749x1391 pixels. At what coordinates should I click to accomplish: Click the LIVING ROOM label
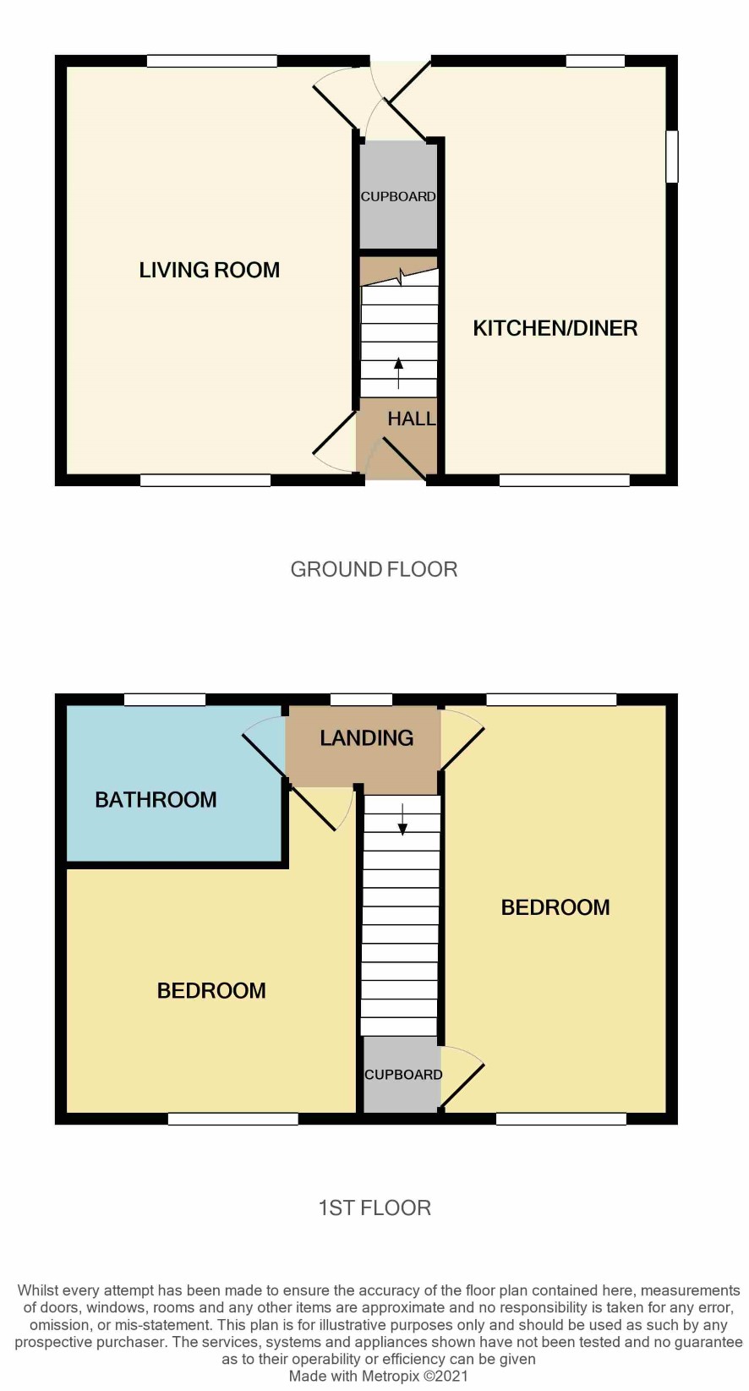pyautogui.click(x=210, y=270)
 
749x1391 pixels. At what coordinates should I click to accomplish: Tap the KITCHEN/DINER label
pyautogui.click(x=555, y=328)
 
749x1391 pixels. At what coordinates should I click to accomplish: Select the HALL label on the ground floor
pyautogui.click(x=412, y=419)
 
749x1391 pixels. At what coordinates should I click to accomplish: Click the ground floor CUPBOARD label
pyautogui.click(x=398, y=197)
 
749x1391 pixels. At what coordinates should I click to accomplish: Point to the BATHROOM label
pyautogui.click(x=156, y=800)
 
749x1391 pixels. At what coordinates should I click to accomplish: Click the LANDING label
pyautogui.click(x=367, y=737)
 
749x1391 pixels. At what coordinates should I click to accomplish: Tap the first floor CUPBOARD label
pyautogui.click(x=403, y=1075)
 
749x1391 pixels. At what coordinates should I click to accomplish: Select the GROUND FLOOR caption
pyautogui.click(x=374, y=569)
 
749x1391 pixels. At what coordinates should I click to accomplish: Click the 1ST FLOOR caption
pyautogui.click(x=374, y=1208)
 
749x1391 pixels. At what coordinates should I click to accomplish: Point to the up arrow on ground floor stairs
pyautogui.click(x=399, y=373)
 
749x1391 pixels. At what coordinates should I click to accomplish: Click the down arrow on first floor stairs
pyautogui.click(x=402, y=819)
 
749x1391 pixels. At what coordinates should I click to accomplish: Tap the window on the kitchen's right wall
pyautogui.click(x=671, y=156)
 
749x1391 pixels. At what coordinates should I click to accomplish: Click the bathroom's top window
pyautogui.click(x=165, y=700)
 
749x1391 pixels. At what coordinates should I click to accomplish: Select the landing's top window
pyautogui.click(x=361, y=700)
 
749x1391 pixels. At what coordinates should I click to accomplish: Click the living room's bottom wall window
pyautogui.click(x=205, y=480)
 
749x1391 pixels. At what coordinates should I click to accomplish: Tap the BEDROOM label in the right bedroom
pyautogui.click(x=555, y=908)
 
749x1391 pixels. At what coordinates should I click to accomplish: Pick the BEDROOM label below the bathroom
pyautogui.click(x=211, y=990)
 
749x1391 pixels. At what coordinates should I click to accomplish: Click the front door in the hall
pyautogui.click(x=404, y=459)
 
